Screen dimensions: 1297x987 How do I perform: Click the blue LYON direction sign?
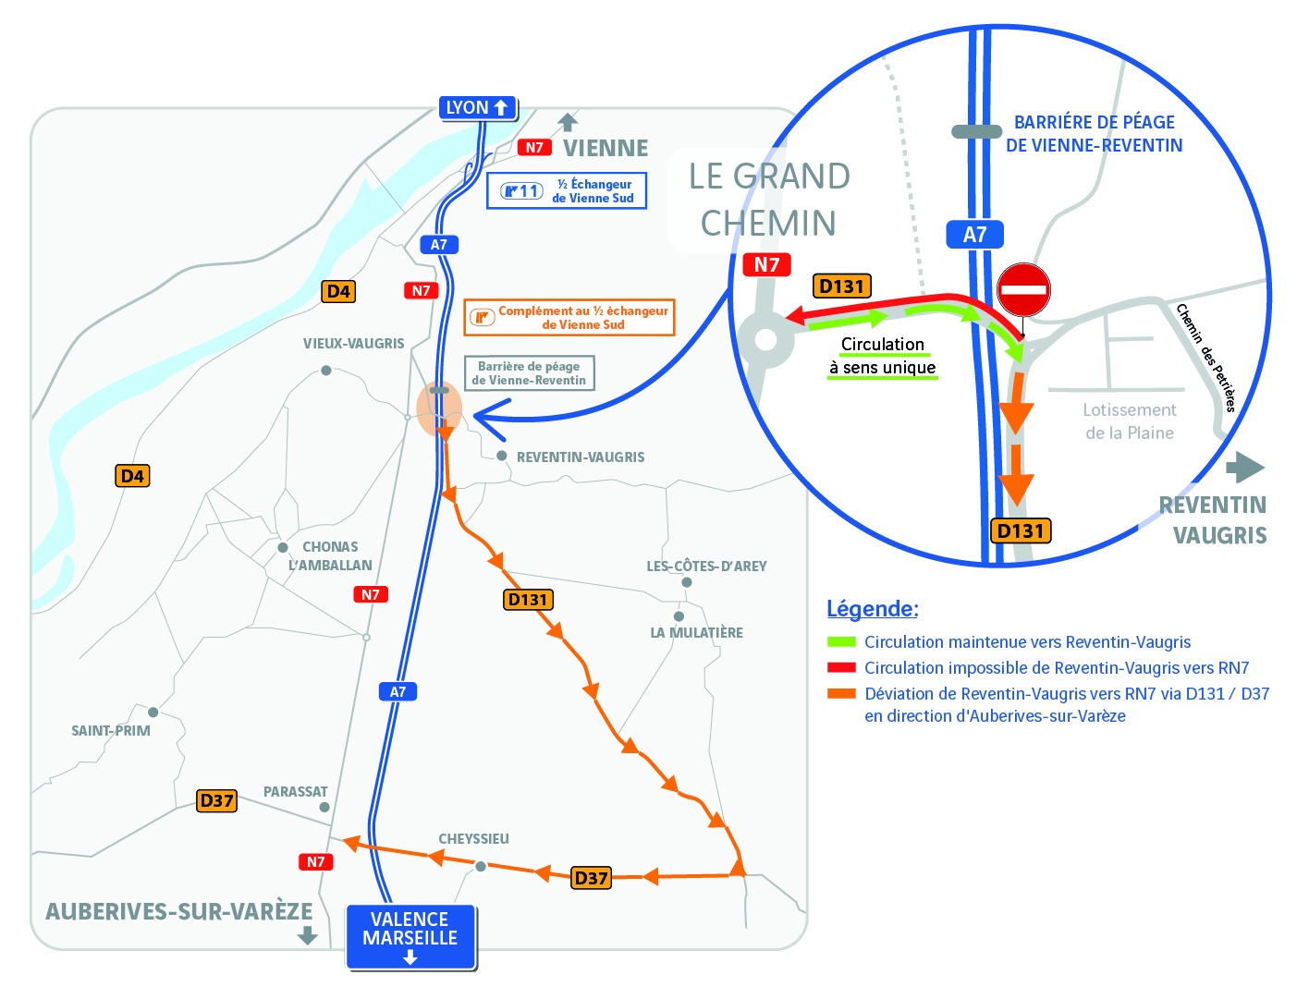tap(477, 107)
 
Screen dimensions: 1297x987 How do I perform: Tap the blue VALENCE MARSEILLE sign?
tap(410, 936)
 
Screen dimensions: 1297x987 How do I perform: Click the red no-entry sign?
tap(1023, 289)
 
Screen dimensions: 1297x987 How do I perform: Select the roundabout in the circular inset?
tap(765, 340)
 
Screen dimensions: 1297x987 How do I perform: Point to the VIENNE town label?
tap(606, 148)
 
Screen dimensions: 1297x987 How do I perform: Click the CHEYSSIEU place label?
tap(473, 839)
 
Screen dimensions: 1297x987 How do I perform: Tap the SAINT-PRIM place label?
tap(111, 731)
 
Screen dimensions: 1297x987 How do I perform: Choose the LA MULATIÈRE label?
tap(696, 633)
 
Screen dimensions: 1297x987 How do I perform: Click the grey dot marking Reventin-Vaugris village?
tap(501, 456)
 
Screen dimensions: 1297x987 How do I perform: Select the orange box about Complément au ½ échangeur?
tap(569, 318)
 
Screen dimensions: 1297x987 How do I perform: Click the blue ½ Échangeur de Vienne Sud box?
tap(566, 190)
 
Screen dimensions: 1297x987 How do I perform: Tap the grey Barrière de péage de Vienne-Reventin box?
tap(529, 372)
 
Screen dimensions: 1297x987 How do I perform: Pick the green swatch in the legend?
tap(841, 641)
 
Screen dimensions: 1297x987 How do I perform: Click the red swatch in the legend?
tap(841, 667)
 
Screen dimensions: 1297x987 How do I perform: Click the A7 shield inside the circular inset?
tap(974, 235)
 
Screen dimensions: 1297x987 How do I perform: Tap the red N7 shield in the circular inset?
tap(766, 264)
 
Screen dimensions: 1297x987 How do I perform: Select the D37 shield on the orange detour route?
tap(591, 878)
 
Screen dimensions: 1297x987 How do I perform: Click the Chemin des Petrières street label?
tap(1206, 358)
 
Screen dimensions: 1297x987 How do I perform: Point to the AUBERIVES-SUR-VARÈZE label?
tap(179, 911)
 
